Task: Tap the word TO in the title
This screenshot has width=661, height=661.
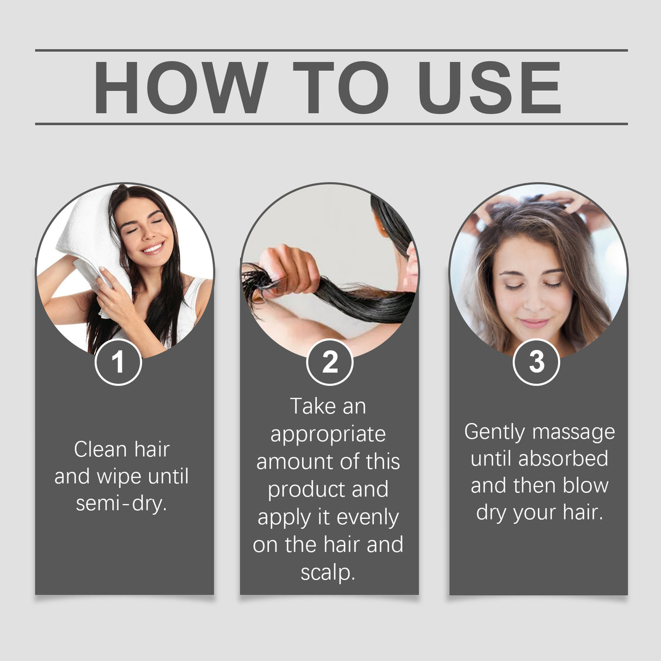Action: pos(341,88)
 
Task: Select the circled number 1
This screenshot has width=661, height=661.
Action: pos(118,362)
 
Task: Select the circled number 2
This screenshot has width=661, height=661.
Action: pos(330,362)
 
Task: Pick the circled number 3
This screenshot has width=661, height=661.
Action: pos(536,362)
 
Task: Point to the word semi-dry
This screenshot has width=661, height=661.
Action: pos(121,503)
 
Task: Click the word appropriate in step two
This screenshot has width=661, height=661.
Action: pos(328,434)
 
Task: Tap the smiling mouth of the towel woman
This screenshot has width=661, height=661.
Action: pos(153,248)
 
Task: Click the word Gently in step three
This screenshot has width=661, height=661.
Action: pos(494,432)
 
